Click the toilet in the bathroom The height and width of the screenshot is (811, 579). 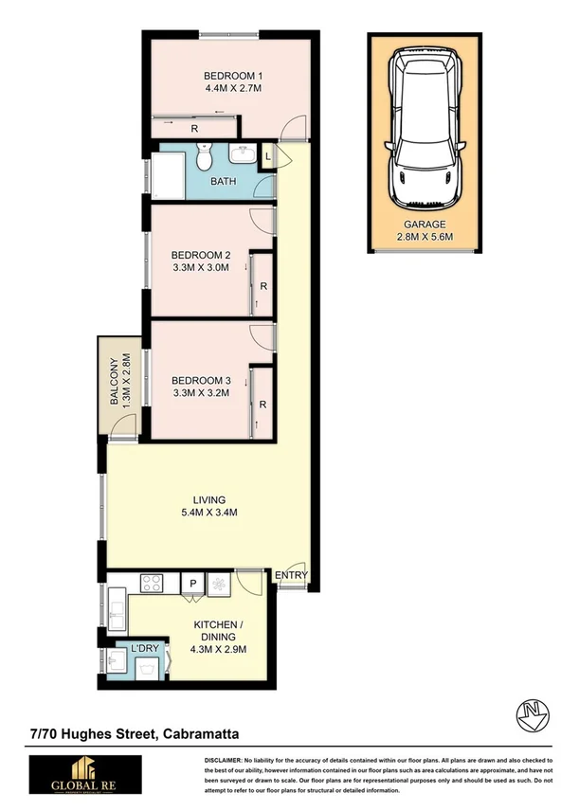[205, 158]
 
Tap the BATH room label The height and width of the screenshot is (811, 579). [224, 182]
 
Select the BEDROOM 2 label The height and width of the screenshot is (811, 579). [201, 255]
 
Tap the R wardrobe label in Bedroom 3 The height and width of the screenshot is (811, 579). [262, 405]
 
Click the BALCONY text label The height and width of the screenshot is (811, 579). [114, 381]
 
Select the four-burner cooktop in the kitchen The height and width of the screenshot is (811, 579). [154, 585]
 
